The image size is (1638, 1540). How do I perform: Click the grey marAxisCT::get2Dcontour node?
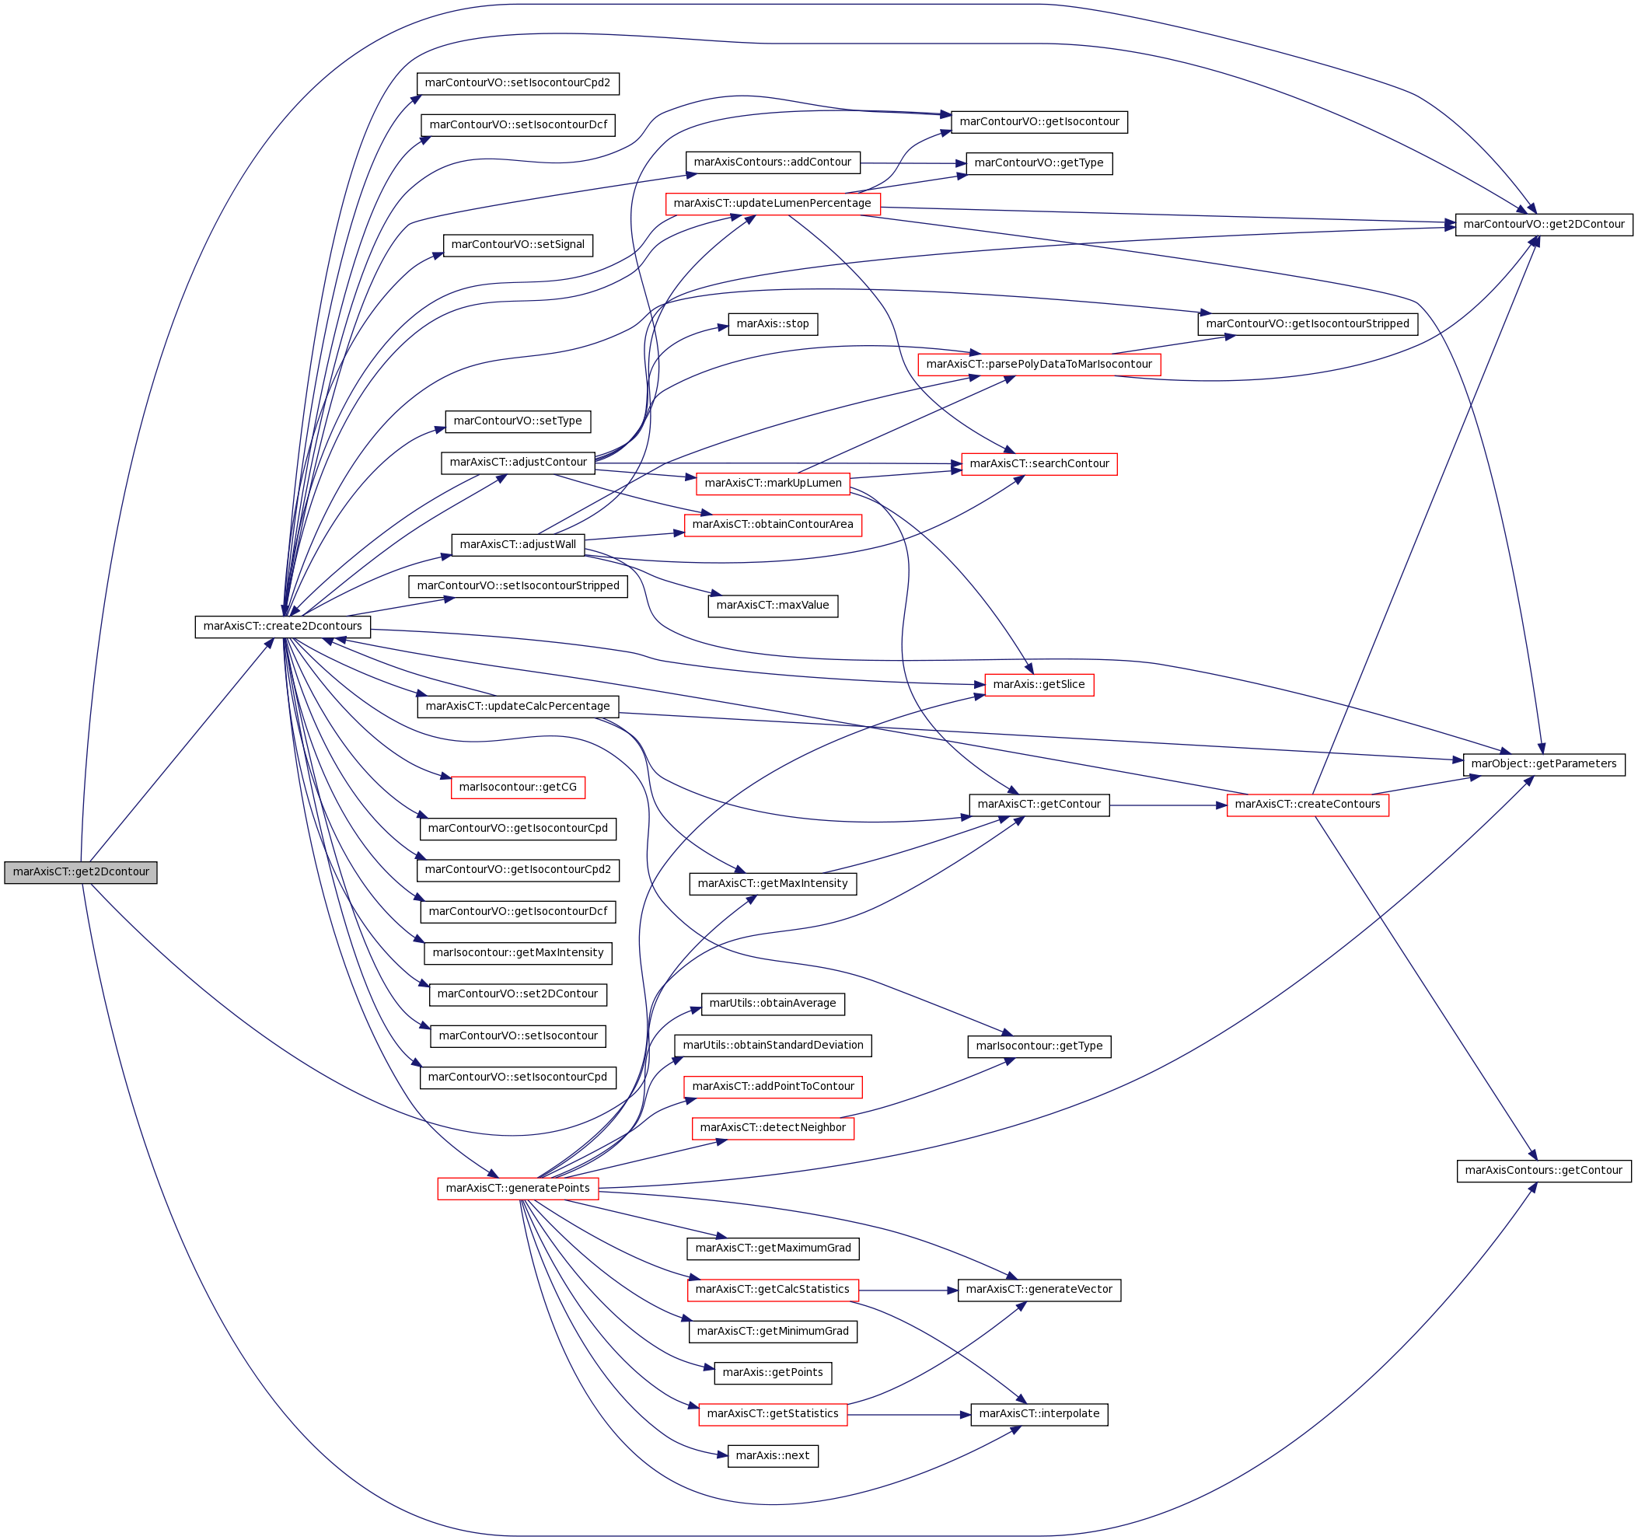click(x=81, y=872)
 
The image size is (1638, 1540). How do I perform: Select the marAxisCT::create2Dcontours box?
click(x=283, y=627)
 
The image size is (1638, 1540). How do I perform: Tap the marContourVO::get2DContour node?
click(x=1544, y=224)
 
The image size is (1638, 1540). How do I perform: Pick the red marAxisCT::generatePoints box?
click(x=518, y=1188)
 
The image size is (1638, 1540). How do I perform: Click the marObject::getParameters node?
click(x=1544, y=764)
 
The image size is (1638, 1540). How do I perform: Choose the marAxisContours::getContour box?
click(x=1544, y=1170)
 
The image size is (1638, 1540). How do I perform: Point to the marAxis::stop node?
click(x=773, y=324)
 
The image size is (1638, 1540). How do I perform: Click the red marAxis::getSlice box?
click(x=1039, y=685)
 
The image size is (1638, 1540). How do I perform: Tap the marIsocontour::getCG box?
click(x=519, y=787)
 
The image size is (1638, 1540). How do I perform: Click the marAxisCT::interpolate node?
click(x=1039, y=1414)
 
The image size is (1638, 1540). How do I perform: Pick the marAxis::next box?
click(x=773, y=1456)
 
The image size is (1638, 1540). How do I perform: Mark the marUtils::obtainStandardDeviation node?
click(x=773, y=1046)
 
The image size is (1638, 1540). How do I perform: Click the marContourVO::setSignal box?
click(x=519, y=245)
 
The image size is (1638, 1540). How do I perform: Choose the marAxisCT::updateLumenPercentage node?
click(x=773, y=204)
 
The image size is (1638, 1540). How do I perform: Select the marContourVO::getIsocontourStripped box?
click(x=1308, y=324)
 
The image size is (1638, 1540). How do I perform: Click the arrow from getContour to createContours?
click(x=1168, y=805)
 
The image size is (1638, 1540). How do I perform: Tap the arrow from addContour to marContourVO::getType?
click(x=913, y=163)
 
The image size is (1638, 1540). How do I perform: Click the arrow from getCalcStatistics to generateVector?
click(x=908, y=1290)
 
